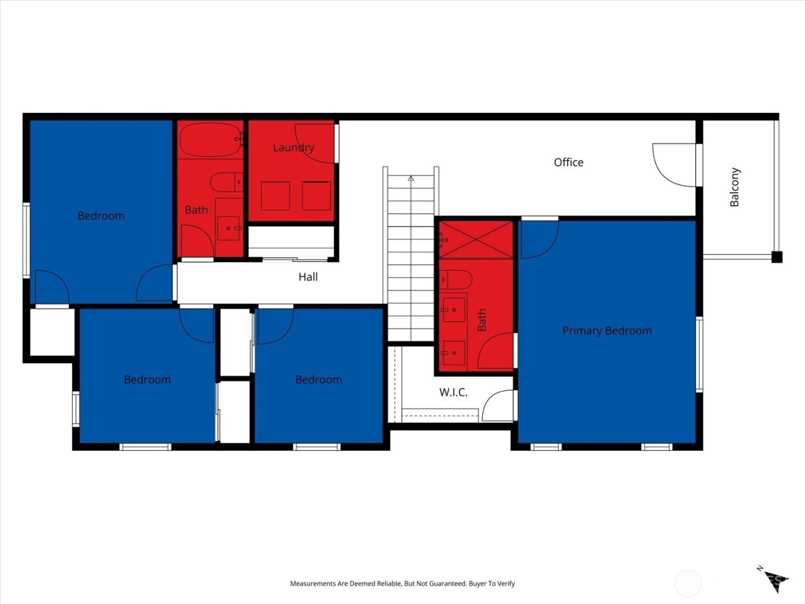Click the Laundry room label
[x=293, y=148]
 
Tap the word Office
[x=568, y=163]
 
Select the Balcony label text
[x=734, y=187]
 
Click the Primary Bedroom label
[x=607, y=331]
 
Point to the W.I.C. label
[x=453, y=392]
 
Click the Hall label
[x=308, y=277]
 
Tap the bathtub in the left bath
[x=210, y=140]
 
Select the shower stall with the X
[x=476, y=240]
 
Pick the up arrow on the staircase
[x=411, y=179]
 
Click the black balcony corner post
[x=776, y=257]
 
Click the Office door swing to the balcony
[x=674, y=165]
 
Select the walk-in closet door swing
[x=498, y=406]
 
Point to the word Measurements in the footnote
[x=313, y=583]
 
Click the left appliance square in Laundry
[x=275, y=196]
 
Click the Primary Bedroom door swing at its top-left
[x=538, y=239]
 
